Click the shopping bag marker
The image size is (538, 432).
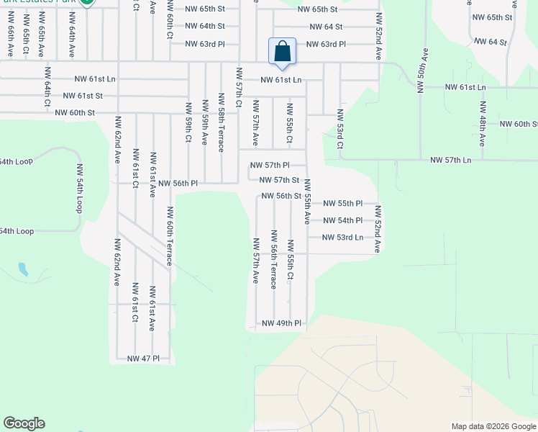pyautogui.click(x=283, y=52)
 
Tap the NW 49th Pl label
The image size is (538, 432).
pyautogui.click(x=281, y=323)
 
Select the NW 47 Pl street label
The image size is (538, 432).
pyautogui.click(x=143, y=358)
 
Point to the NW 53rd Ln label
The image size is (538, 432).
pyautogui.click(x=342, y=237)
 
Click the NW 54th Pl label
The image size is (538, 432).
pyautogui.click(x=342, y=220)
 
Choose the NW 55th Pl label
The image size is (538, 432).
pyautogui.click(x=342, y=204)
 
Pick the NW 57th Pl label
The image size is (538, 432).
pyautogui.click(x=269, y=165)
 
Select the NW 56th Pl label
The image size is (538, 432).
pyautogui.click(x=178, y=184)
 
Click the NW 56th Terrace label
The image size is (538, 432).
pyautogui.click(x=274, y=259)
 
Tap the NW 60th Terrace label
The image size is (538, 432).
pyautogui.click(x=170, y=236)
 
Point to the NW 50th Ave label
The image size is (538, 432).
pyautogui.click(x=420, y=71)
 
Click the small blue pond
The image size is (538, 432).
pyautogui.click(x=24, y=270)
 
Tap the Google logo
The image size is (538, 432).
pyautogui.click(x=24, y=423)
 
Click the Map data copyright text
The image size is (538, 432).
pyautogui.click(x=493, y=426)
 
